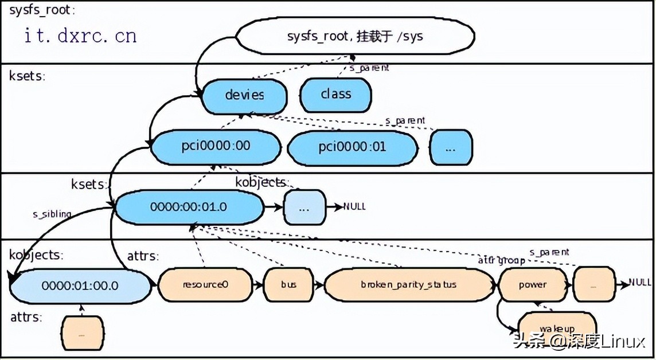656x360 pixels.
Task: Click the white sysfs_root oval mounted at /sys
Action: coord(355,37)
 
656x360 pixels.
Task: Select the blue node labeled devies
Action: coord(244,95)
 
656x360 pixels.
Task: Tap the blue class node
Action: coord(335,94)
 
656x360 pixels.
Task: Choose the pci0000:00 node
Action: coord(216,146)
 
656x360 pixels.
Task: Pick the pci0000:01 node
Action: coord(352,147)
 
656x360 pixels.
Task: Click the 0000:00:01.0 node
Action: coord(189,206)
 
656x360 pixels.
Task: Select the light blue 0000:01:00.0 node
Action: coord(80,285)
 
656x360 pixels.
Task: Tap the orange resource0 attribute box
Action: coord(205,284)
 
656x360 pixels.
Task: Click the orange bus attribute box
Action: coord(288,284)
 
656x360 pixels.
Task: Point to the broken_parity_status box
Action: coord(408,284)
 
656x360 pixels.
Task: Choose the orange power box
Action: coord(532,284)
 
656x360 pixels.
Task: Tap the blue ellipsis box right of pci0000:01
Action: coord(451,147)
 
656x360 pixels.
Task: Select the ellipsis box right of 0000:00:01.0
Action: coord(304,207)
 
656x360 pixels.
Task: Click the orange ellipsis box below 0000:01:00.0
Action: coord(83,332)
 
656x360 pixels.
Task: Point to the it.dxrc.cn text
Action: coord(80,36)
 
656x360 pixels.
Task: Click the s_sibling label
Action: coord(52,214)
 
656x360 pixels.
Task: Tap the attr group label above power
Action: coord(501,261)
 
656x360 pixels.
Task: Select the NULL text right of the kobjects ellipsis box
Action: coord(354,206)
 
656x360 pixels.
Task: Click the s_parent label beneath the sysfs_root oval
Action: coord(369,68)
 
